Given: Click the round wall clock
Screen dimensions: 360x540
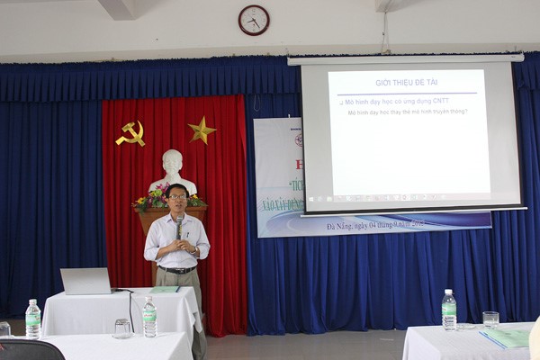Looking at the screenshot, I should pyautogui.click(x=254, y=20).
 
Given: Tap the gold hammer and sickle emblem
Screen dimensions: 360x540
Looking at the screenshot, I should pyautogui.click(x=131, y=134).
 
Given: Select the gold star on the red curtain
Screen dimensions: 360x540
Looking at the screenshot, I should pyautogui.click(x=202, y=130).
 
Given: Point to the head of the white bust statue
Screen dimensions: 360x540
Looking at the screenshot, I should pyautogui.click(x=172, y=163).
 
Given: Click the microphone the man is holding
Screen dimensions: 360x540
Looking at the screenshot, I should pyautogui.click(x=179, y=222).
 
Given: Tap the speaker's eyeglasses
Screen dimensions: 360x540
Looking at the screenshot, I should pyautogui.click(x=177, y=196).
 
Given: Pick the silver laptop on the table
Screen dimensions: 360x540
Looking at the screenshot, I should pyautogui.click(x=86, y=281).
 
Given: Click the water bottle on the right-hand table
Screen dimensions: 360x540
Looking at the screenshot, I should pyautogui.click(x=448, y=310).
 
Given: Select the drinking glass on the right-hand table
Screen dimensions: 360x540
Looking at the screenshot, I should pyautogui.click(x=490, y=319).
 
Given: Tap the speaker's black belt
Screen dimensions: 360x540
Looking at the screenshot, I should pyautogui.click(x=177, y=269).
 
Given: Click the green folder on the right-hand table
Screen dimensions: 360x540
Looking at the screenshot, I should pyautogui.click(x=506, y=338).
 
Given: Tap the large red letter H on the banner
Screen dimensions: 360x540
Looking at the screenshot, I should pyautogui.click(x=299, y=165).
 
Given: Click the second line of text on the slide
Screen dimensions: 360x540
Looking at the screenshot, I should pyautogui.click(x=407, y=112).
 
